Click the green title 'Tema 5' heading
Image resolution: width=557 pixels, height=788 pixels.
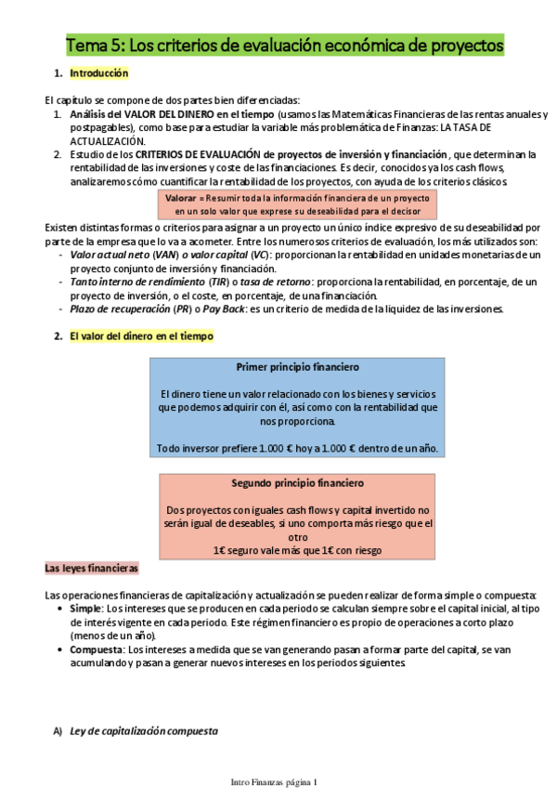(x=284, y=45)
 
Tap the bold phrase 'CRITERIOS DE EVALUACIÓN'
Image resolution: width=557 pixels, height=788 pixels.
(x=198, y=153)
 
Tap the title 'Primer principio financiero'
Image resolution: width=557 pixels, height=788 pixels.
(x=297, y=367)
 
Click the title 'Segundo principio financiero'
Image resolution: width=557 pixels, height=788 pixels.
(x=297, y=483)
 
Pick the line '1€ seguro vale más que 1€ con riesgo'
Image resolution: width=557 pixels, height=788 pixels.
(x=297, y=550)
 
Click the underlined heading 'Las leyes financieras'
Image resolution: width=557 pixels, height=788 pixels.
(x=92, y=567)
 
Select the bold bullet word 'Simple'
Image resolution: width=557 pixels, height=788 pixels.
(x=86, y=607)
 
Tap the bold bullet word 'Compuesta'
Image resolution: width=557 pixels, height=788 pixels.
(x=96, y=650)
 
